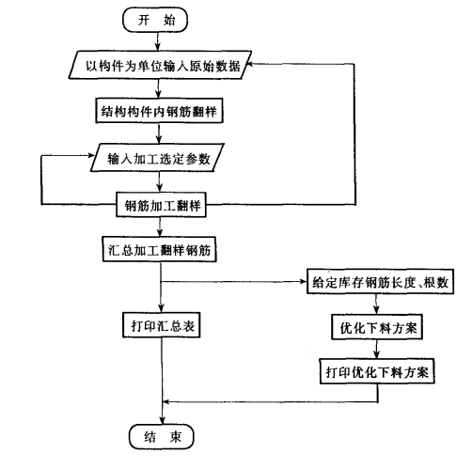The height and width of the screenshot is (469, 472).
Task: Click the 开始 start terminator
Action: tap(155, 20)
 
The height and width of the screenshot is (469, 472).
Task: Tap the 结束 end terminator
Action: tap(162, 436)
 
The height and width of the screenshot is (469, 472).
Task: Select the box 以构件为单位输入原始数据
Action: tap(160, 65)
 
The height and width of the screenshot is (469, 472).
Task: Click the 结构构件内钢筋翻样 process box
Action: tap(159, 111)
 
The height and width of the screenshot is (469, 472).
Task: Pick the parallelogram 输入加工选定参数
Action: tap(157, 158)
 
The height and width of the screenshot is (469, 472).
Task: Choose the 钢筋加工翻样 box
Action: tap(161, 205)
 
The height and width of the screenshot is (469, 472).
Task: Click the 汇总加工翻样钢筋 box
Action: tap(159, 249)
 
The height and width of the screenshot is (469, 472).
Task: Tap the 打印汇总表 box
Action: tap(162, 325)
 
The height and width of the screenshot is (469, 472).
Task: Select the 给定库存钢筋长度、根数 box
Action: tap(380, 281)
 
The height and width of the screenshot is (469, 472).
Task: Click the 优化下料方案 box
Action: tap(377, 327)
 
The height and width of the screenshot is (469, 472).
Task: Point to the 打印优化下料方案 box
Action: tap(377, 371)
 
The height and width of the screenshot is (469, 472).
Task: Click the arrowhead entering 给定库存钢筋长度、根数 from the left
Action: tap(303, 281)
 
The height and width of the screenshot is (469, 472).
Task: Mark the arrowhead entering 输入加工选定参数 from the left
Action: tap(91, 155)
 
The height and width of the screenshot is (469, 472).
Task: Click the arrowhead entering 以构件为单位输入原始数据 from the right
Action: tap(250, 64)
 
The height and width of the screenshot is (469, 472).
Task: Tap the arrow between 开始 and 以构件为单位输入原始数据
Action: tap(158, 41)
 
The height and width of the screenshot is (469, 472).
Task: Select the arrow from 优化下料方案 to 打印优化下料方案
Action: tap(376, 349)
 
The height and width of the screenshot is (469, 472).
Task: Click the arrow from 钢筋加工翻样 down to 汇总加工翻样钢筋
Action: tap(160, 227)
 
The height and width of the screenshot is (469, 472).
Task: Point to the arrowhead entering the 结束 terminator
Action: tap(163, 421)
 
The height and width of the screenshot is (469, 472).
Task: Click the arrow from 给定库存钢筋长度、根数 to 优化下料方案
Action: tap(376, 305)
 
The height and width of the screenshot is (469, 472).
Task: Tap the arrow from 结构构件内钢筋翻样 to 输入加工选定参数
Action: tap(159, 133)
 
